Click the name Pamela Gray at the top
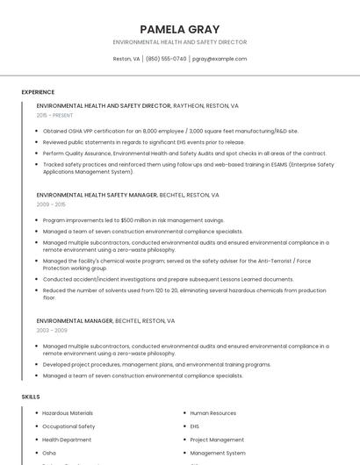(179, 29)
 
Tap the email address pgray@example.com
(219, 59)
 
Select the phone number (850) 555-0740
(166, 59)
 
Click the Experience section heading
(38, 91)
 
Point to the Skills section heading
(31, 397)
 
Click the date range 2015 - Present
(54, 115)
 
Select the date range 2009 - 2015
(51, 204)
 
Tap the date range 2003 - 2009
(51, 330)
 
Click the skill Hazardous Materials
(68, 412)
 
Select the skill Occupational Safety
(68, 426)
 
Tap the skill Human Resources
(212, 412)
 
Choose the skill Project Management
(217, 440)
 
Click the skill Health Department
(67, 440)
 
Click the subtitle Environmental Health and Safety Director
(179, 42)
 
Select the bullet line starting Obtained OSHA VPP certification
(170, 131)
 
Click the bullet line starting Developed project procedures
(156, 364)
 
